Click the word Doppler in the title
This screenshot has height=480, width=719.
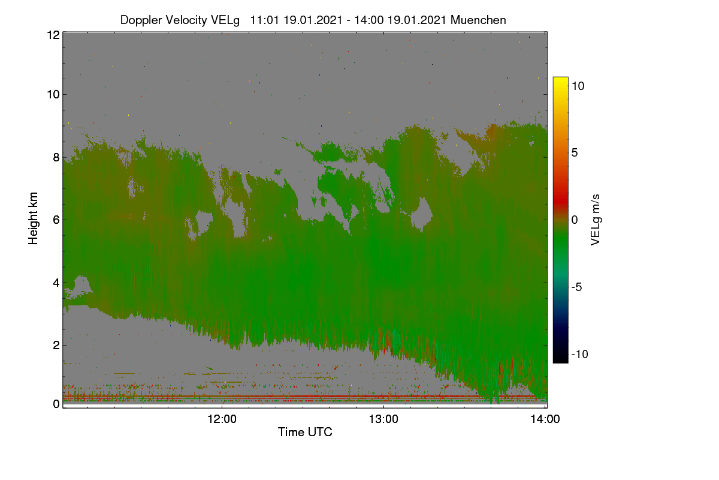(x=141, y=20)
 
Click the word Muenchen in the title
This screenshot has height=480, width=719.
(x=478, y=20)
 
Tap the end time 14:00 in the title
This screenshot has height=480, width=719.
(x=368, y=20)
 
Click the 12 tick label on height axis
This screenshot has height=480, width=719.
(x=53, y=35)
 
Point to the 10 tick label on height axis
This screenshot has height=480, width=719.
(x=53, y=95)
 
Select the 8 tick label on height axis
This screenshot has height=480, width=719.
(x=56, y=157)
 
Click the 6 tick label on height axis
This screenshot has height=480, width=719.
(x=56, y=220)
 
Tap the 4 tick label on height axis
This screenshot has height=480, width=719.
(x=56, y=283)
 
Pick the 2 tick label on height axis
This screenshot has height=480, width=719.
(x=56, y=345)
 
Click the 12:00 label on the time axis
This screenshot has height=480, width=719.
(x=222, y=419)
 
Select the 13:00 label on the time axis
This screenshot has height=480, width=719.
(x=383, y=419)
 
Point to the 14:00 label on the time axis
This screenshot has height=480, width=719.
(x=545, y=419)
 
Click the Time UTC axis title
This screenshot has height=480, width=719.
(x=305, y=432)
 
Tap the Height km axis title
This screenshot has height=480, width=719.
(x=33, y=218)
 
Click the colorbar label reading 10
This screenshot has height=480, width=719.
(x=578, y=86)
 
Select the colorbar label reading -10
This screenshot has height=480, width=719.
(x=580, y=354)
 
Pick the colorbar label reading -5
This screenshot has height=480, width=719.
(x=576, y=287)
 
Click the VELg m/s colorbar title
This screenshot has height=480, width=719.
(x=596, y=220)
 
